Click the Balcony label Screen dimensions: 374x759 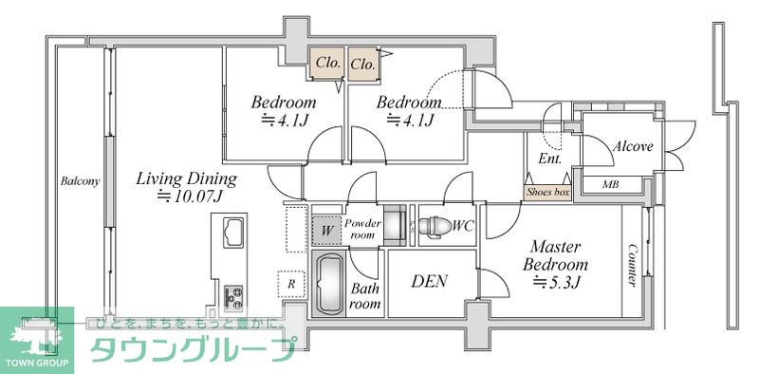81,181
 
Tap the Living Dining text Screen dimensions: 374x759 186,178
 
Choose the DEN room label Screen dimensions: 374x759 429,281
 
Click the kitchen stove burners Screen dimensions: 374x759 233,296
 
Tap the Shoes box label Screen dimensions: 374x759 548,193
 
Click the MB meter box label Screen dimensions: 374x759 612,183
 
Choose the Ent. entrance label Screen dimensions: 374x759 549,159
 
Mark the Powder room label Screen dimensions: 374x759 363,229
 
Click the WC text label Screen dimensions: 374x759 463,226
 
